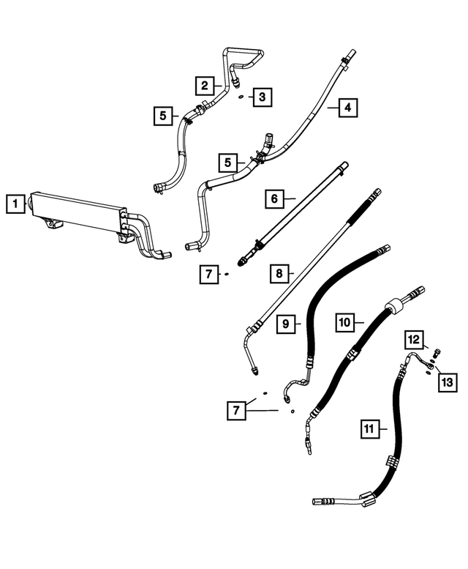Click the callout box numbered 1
(15, 203)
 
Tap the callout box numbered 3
(263, 96)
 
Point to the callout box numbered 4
(349, 108)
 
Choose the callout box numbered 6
(274, 198)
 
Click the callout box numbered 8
(279, 274)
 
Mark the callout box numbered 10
(346, 321)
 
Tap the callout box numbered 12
(414, 339)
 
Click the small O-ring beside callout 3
(241, 96)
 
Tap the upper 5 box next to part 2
(164, 115)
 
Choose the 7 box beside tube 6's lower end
(208, 275)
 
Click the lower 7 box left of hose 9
(236, 412)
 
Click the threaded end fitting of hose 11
(320, 502)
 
